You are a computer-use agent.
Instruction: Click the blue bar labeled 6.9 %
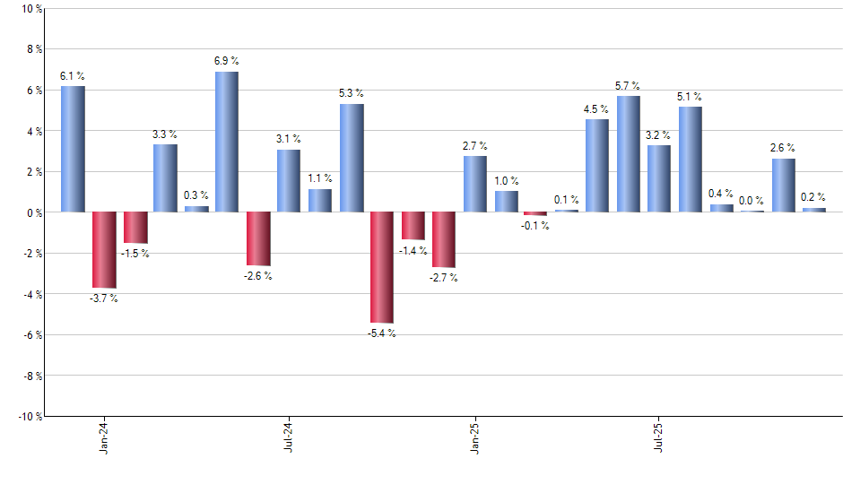(227, 142)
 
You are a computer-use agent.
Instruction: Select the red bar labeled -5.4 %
(381, 267)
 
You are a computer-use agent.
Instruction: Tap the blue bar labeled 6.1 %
(73, 149)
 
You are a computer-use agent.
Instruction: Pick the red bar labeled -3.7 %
(104, 250)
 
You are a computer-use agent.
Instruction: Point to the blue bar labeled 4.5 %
(597, 166)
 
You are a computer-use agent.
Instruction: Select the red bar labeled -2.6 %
(258, 238)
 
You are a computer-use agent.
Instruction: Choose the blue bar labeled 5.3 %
(351, 158)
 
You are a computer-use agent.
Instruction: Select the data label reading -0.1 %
(535, 226)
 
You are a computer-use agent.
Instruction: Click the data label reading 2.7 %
(474, 146)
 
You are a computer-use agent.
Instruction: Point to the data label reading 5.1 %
(690, 97)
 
